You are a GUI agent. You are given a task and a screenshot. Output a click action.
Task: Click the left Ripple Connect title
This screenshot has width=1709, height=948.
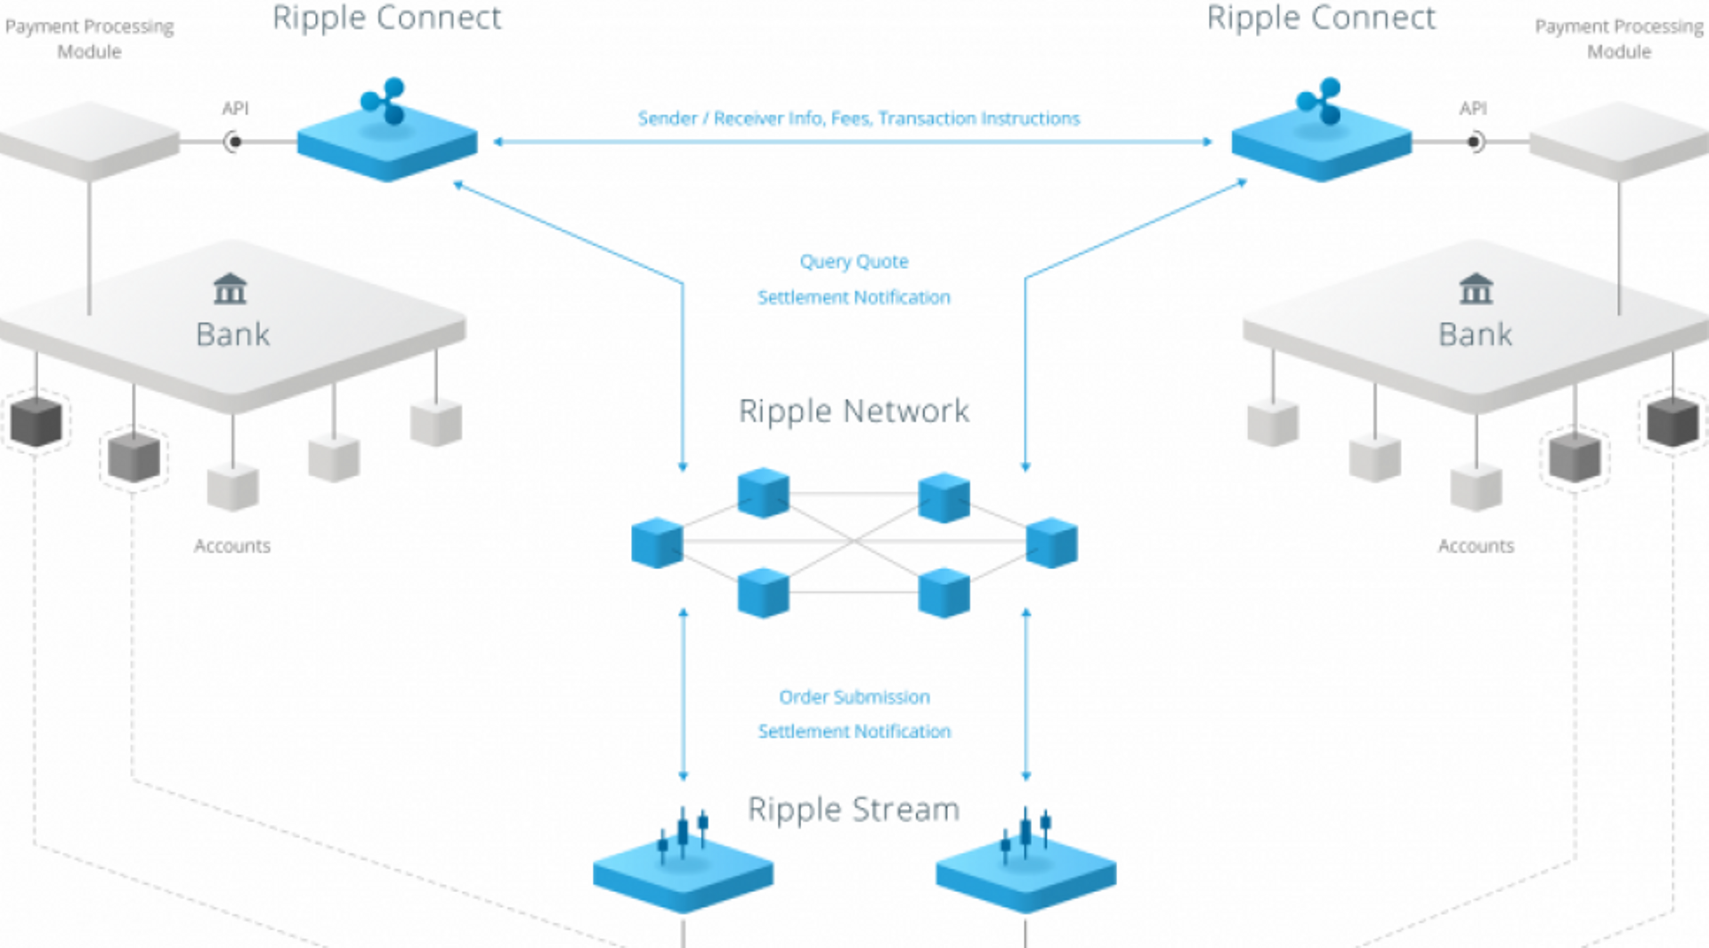[x=386, y=19]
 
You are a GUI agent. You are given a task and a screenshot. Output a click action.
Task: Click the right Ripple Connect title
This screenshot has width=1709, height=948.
[x=1321, y=19]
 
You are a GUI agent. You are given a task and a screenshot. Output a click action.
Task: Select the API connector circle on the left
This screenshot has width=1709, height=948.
[x=234, y=142]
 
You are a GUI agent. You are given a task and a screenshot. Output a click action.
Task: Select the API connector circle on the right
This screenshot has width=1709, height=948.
[x=1474, y=142]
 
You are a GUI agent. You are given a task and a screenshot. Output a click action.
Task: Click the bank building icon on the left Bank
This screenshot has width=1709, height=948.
[x=231, y=288]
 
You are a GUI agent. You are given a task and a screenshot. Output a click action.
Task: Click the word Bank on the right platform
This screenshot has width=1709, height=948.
[x=1475, y=335]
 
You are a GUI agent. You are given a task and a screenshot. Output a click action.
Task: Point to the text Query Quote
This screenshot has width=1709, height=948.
[x=854, y=262]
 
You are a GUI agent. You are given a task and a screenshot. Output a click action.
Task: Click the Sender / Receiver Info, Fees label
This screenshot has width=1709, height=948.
[x=858, y=118]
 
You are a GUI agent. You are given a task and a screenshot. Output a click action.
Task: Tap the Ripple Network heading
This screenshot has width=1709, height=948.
[x=854, y=411]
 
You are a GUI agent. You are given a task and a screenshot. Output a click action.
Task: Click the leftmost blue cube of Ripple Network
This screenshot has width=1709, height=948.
[x=657, y=542]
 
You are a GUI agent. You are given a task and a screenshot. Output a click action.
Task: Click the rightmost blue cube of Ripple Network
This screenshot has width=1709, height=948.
[x=1052, y=542]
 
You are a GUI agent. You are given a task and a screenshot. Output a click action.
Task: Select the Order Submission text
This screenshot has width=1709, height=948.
[x=854, y=697]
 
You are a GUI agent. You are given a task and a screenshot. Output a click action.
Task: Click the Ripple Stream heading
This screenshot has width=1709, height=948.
[x=854, y=809]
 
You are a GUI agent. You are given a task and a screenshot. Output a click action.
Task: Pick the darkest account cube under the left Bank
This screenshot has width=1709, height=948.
[x=36, y=422]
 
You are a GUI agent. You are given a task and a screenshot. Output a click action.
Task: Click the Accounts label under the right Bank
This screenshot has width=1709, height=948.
[x=1476, y=546]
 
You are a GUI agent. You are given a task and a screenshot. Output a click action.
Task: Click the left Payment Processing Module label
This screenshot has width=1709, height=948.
[x=89, y=39]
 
